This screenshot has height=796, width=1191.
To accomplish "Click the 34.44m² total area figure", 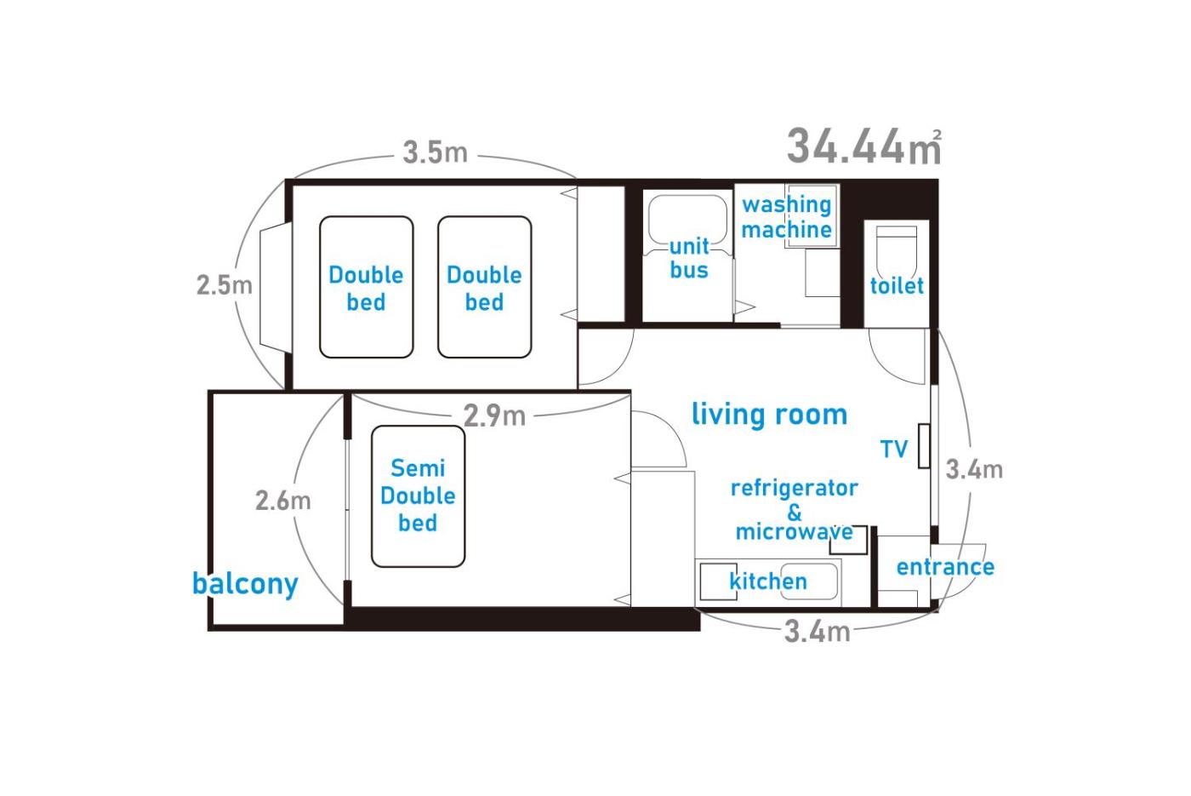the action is pyautogui.click(x=864, y=146).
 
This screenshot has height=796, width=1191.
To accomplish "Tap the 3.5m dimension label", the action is pyautogui.click(x=435, y=152).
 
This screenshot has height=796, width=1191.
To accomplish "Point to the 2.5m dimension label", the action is pyautogui.click(x=225, y=284).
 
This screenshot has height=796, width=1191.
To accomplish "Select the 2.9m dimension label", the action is pyautogui.click(x=494, y=415).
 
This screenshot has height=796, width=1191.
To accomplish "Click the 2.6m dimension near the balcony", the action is pyautogui.click(x=282, y=501).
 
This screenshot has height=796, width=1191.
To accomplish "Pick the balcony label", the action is pyautogui.click(x=245, y=585).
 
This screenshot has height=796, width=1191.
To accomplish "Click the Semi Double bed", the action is pyautogui.click(x=418, y=495).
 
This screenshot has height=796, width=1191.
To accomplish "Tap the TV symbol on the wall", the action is pyautogui.click(x=924, y=446).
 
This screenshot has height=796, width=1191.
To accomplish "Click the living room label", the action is pyautogui.click(x=769, y=414).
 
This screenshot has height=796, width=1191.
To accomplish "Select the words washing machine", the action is pyautogui.click(x=786, y=217).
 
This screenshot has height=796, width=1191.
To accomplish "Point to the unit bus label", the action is pyautogui.click(x=689, y=258).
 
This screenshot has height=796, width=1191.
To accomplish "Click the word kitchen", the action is pyautogui.click(x=768, y=581).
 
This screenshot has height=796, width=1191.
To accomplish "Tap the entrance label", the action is pyautogui.click(x=945, y=567).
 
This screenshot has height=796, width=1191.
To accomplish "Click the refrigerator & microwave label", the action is pyautogui.click(x=795, y=510).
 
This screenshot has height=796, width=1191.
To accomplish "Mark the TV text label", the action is pyautogui.click(x=894, y=450).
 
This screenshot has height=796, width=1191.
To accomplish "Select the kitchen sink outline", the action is pyautogui.click(x=810, y=581).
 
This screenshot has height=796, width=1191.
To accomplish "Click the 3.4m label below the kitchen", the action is pyautogui.click(x=818, y=632).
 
